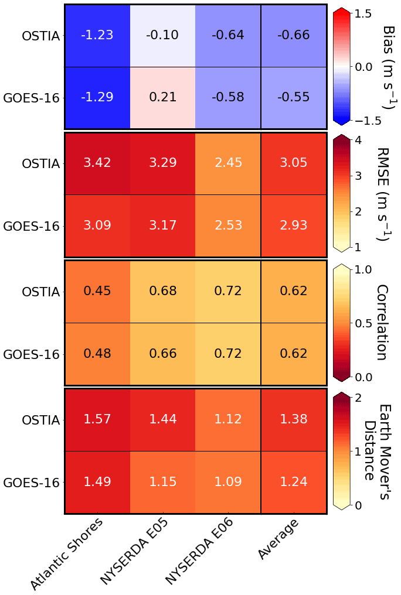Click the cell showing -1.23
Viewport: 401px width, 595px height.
(x=97, y=35)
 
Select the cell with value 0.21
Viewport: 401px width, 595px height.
(x=162, y=97)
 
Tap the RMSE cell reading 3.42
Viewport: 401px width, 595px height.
(x=97, y=163)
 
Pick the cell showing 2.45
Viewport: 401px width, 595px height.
(x=228, y=163)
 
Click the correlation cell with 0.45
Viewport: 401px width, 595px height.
(x=97, y=291)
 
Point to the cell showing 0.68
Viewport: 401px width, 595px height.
(x=162, y=291)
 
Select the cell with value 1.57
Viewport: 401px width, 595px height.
(x=97, y=419)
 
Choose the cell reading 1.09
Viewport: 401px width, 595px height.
(x=228, y=483)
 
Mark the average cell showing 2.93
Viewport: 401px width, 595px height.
(x=293, y=226)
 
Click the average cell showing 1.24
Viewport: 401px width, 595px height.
(x=293, y=483)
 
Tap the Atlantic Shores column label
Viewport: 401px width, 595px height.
(x=67, y=553)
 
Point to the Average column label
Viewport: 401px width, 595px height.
(x=279, y=539)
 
